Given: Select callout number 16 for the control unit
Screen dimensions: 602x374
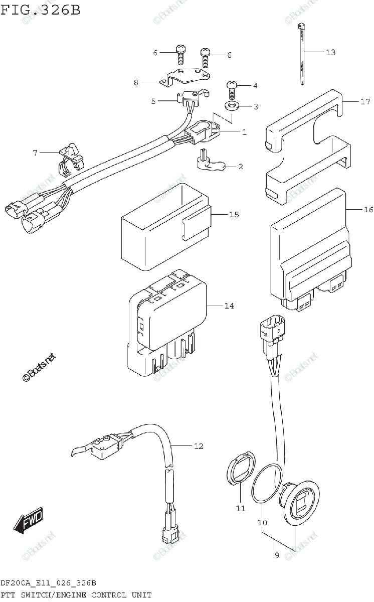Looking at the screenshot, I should click(x=368, y=210).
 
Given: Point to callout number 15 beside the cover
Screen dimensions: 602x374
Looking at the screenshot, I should click(x=234, y=215).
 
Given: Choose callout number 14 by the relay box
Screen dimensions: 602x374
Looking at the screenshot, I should click(x=229, y=306).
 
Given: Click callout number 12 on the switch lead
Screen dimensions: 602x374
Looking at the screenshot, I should click(x=199, y=446).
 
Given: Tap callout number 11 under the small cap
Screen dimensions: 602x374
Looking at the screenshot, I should click(x=240, y=508).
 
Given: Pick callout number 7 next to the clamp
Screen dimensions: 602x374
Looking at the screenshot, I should click(x=35, y=153).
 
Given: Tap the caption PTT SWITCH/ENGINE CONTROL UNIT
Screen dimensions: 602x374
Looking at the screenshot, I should click(x=76, y=595).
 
